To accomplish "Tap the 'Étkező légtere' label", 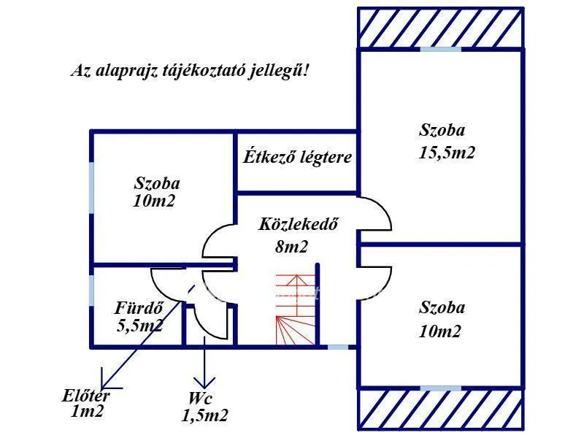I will coord(297,156).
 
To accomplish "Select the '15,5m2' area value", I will coord(447,154).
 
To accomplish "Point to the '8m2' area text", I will coord(291,247).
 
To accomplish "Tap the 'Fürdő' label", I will coord(138,307).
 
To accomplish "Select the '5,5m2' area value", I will coord(139,326).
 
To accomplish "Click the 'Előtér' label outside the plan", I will coord(86,396).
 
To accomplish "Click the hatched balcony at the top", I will coord(441,27).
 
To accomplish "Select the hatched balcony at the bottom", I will coord(441,410).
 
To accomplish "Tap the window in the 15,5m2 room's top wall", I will coord(441,48).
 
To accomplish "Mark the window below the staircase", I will coord(337,347).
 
